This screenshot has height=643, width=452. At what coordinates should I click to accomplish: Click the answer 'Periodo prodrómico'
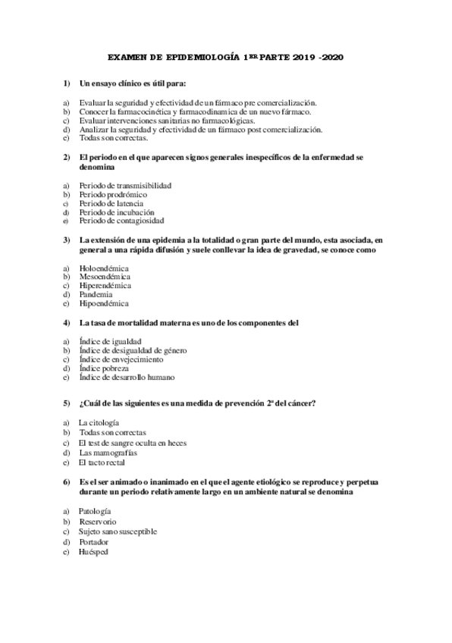tap(113, 194)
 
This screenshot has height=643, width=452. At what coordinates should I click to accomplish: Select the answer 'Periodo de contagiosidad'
tap(121, 221)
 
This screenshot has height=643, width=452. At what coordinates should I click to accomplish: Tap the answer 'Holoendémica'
tap(104, 268)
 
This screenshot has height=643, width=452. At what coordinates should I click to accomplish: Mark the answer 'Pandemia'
tap(96, 295)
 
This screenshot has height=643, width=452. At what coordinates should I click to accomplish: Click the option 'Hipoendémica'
tap(103, 303)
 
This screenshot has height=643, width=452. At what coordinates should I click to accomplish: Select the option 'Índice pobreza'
tap(106, 368)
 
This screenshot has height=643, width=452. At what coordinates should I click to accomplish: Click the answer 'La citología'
tap(99, 423)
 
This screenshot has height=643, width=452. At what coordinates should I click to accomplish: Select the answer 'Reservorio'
tap(97, 522)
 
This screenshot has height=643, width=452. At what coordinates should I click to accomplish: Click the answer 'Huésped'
tap(93, 552)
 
